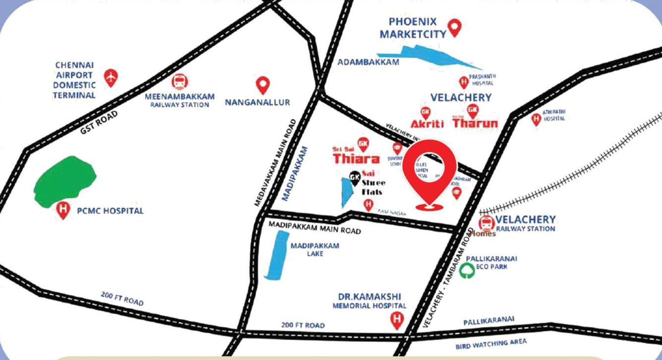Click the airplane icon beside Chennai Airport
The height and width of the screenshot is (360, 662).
pyautogui.click(x=111, y=77)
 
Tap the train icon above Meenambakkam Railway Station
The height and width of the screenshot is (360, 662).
pyautogui.click(x=179, y=82)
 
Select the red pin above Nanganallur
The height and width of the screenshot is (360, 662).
pyautogui.click(x=263, y=85)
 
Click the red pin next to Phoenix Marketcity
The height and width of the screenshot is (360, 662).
pyautogui.click(x=454, y=27)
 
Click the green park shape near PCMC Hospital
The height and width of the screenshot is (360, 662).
pyautogui.click(x=64, y=181)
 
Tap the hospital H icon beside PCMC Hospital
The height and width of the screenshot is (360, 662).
pyautogui.click(x=63, y=210)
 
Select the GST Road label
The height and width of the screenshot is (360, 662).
pyautogui.click(x=99, y=123)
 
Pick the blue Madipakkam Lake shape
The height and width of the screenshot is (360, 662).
pyautogui.click(x=276, y=255)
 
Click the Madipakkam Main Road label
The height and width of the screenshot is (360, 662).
pyautogui.click(x=315, y=227)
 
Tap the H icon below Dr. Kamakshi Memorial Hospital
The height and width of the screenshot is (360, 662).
pyautogui.click(x=396, y=320)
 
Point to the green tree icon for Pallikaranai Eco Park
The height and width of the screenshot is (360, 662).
pyautogui.click(x=467, y=270)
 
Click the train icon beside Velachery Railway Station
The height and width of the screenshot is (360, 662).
pyautogui.click(x=487, y=223)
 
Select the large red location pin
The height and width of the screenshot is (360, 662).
pyautogui.click(x=429, y=173)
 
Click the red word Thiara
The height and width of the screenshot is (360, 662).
pyautogui.click(x=356, y=158)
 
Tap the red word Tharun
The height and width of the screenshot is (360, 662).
pyautogui.click(x=475, y=123)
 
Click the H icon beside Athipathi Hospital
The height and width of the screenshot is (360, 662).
pyautogui.click(x=536, y=119)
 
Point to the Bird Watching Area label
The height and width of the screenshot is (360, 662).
pyautogui.click(x=491, y=344)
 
